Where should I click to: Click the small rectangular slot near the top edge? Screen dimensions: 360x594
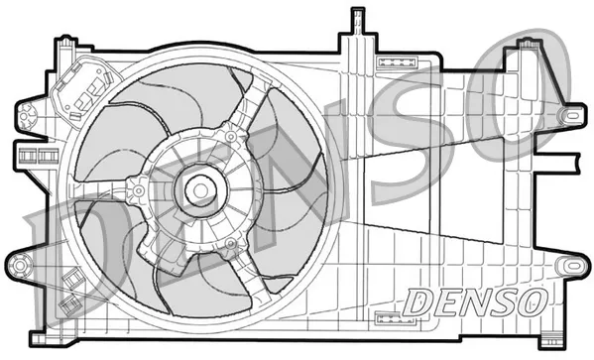[390, 61]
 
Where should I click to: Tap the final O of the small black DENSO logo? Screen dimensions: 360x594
[529, 298]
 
